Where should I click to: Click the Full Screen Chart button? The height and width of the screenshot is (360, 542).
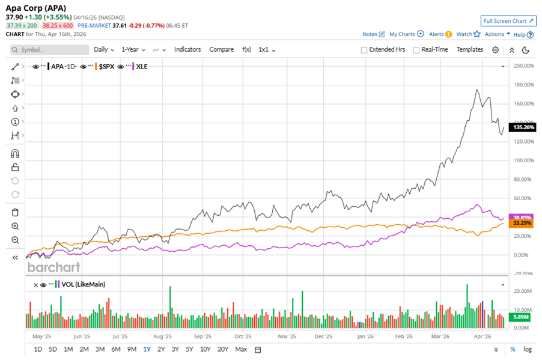point(508,21)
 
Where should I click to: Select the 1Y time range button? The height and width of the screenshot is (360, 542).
point(147,349)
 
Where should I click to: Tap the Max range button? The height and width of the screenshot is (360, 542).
point(241,349)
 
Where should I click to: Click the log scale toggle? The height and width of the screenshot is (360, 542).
point(528,349)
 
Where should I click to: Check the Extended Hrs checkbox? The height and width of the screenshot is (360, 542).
point(364,50)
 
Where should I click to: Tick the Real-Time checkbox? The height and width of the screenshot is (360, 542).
point(416,50)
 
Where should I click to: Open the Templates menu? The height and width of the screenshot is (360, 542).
point(470,49)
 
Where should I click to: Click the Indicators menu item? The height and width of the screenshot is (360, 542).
point(187,49)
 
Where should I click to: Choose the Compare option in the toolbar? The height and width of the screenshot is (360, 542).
point(221,49)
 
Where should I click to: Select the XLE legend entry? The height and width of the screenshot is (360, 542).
point(142,66)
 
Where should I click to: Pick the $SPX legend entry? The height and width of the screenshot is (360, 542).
point(106,66)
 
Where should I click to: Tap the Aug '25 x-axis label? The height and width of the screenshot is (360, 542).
point(162,337)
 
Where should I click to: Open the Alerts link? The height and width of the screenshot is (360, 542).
point(436,34)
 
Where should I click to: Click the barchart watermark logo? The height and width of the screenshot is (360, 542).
point(53,267)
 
